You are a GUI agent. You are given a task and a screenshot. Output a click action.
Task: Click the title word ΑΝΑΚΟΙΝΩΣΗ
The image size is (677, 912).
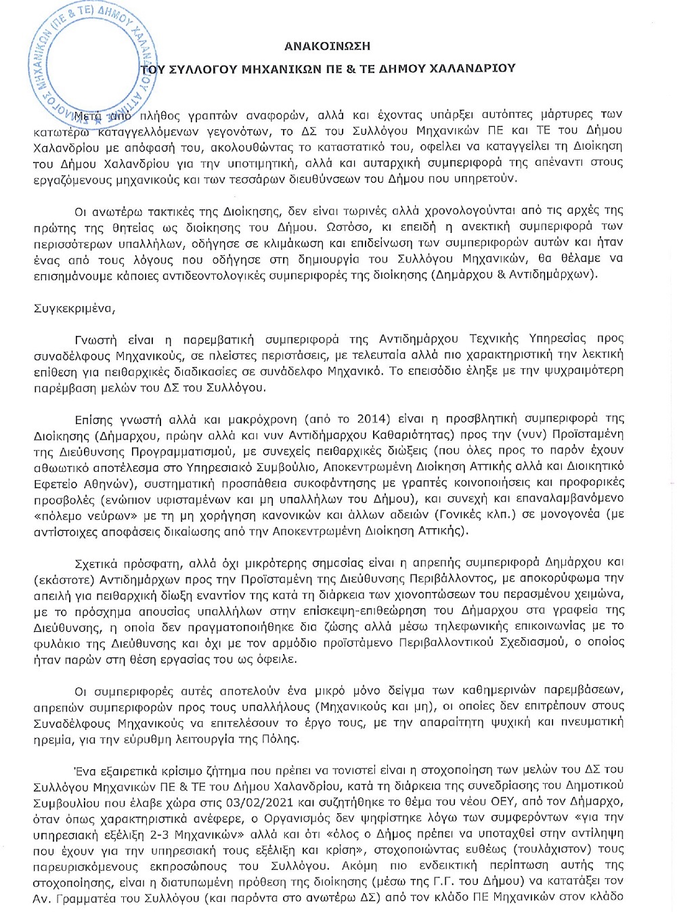click(x=327, y=46)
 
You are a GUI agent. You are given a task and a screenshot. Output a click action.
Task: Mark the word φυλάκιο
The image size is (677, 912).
click(x=56, y=642)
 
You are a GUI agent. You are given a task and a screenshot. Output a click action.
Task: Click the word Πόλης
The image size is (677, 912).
click(x=280, y=738)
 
